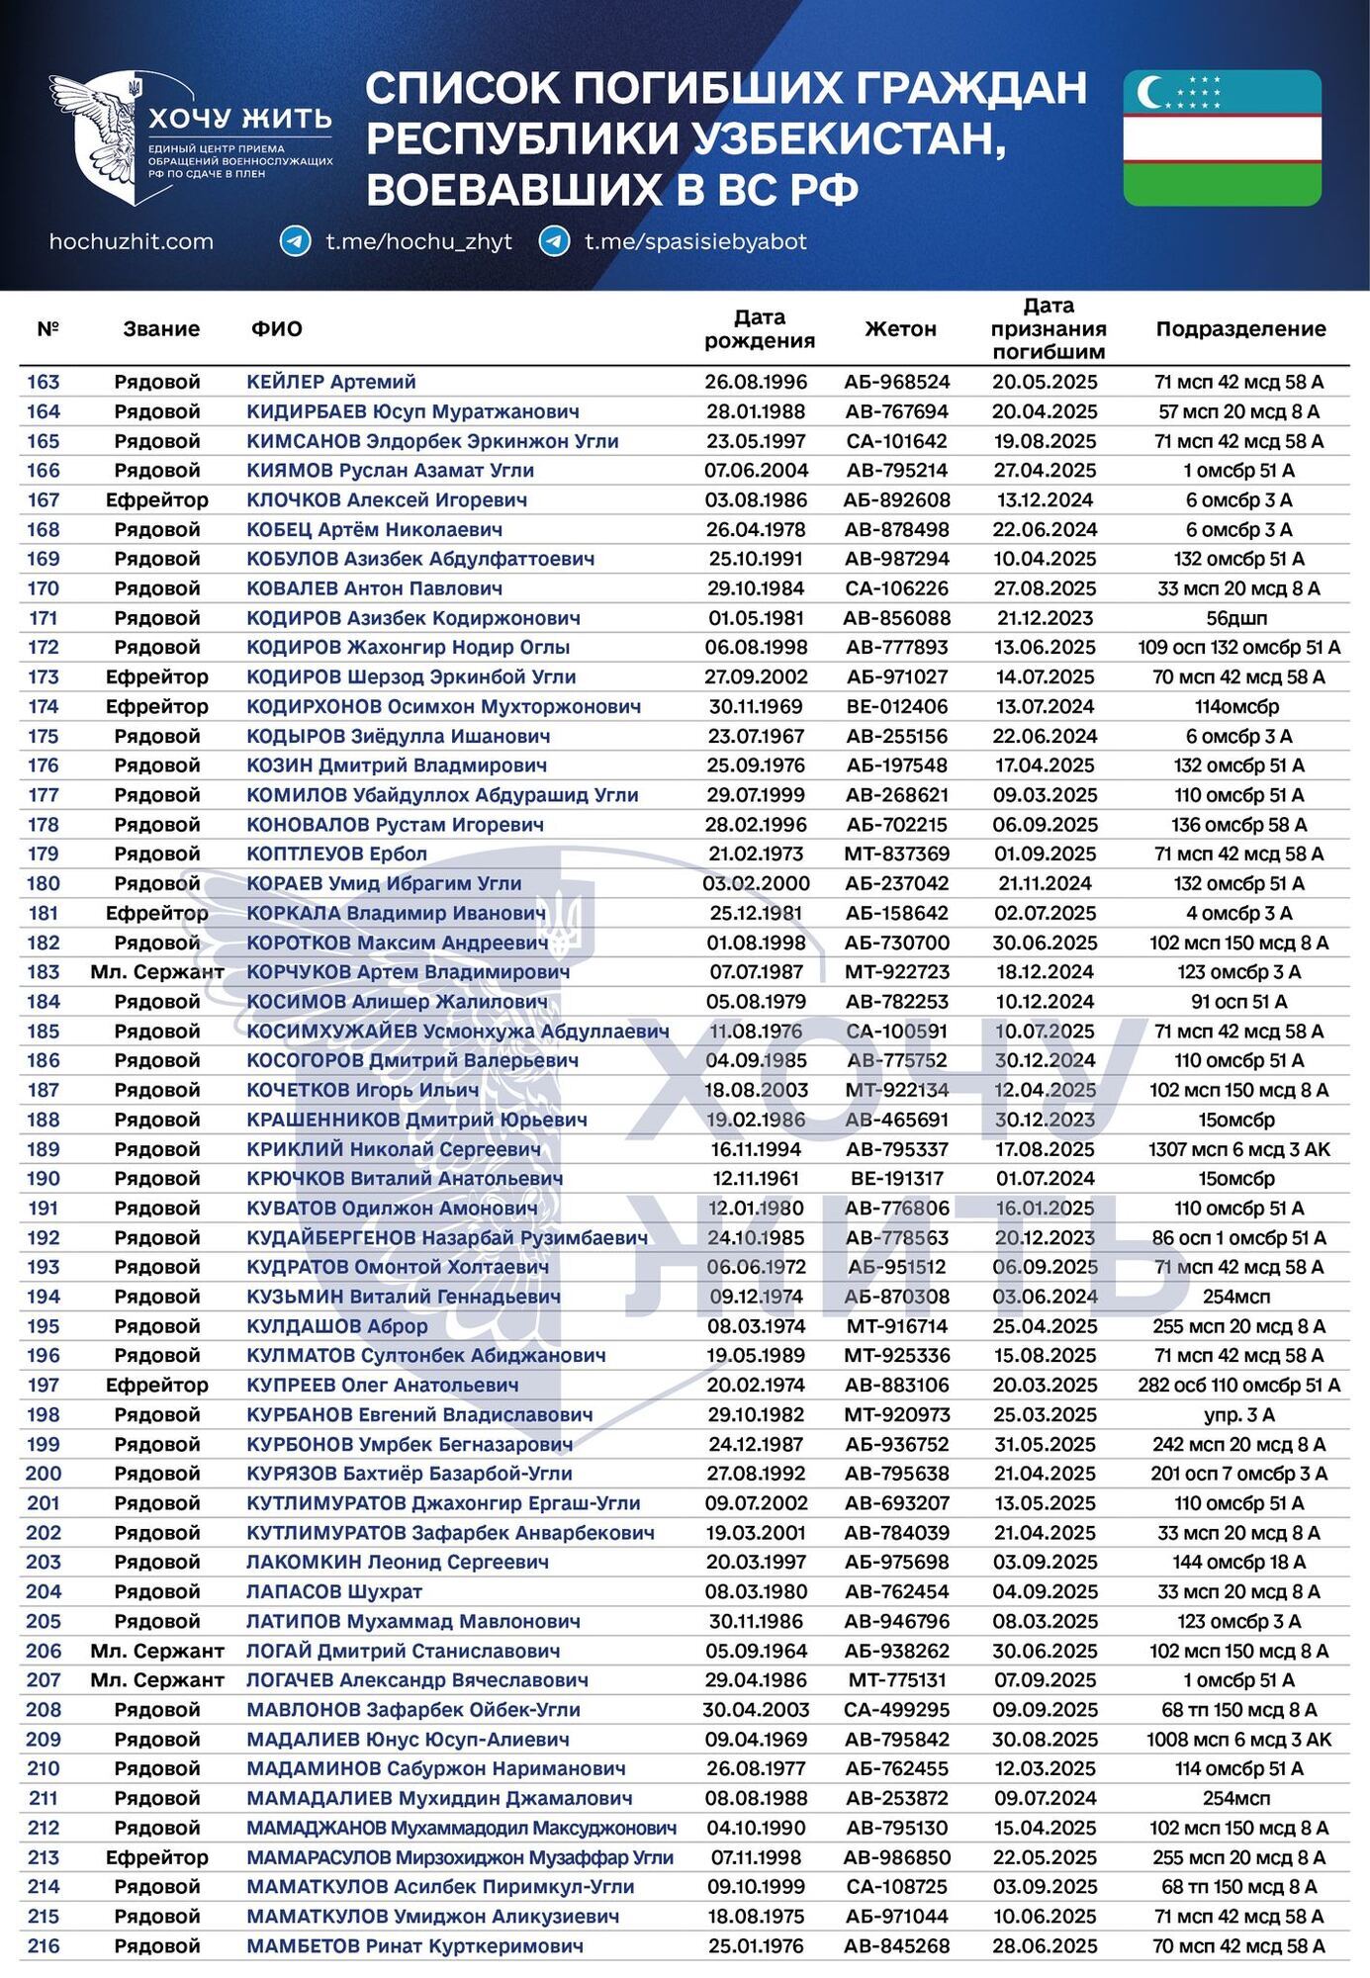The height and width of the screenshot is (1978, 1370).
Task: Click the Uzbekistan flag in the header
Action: (x=1222, y=137)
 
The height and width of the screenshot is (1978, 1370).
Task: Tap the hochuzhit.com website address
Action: (x=132, y=241)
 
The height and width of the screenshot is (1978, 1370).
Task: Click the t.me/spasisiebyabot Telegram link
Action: (x=695, y=241)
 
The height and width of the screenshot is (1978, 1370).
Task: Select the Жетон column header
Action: (x=900, y=329)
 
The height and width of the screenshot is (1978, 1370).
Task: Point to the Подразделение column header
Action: (x=1240, y=329)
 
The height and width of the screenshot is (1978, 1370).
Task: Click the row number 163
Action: (x=44, y=382)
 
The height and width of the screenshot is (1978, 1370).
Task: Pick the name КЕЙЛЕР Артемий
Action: (x=331, y=382)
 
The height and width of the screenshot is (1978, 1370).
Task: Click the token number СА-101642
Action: (x=896, y=441)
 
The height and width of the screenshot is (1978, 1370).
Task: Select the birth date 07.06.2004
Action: (x=757, y=471)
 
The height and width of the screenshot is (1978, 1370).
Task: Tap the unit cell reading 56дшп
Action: (x=1238, y=618)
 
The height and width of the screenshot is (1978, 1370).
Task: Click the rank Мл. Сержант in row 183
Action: (x=157, y=972)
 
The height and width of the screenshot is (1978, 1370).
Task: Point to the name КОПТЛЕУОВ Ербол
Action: (x=337, y=854)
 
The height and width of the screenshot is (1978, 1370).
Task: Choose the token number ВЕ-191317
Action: (x=896, y=1179)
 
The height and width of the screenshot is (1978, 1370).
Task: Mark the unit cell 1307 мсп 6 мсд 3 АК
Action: (x=1238, y=1149)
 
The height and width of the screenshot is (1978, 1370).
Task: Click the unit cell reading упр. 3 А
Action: (x=1238, y=1414)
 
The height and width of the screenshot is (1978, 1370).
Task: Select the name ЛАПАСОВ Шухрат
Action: (x=334, y=1591)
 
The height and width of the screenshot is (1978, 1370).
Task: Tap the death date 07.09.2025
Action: (x=1046, y=1680)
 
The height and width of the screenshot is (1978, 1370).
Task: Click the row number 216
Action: (x=44, y=1945)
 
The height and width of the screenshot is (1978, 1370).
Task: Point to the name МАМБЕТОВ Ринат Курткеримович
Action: (x=414, y=1945)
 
